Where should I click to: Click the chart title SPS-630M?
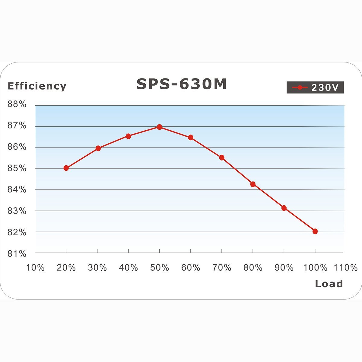tap(181, 84)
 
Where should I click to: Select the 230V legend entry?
tap(315, 87)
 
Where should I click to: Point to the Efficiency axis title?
tap(37, 86)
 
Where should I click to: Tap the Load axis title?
tap(329, 284)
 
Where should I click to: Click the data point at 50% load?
tap(160, 127)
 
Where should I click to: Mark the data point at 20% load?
tap(66, 168)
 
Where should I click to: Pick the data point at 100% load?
tap(315, 231)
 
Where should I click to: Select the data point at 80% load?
tap(253, 184)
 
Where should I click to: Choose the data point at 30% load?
tap(98, 148)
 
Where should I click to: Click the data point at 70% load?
tap(222, 157)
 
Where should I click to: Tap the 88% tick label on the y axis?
tap(17, 104)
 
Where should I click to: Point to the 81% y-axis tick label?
tap(17, 254)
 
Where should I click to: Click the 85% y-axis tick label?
tap(17, 168)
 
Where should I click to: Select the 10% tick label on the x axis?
tap(35, 268)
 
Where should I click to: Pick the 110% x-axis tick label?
tap(345, 268)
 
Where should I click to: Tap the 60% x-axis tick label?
tap(191, 268)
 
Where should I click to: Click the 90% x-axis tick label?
tap(284, 268)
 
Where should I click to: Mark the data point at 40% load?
tap(129, 136)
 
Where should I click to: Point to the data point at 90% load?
tap(284, 208)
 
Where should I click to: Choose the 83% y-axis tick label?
tap(17, 211)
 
